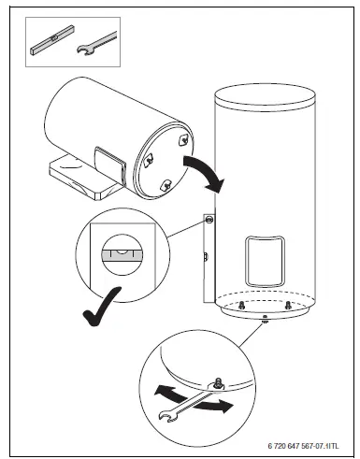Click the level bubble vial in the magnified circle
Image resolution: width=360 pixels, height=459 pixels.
(x=122, y=252)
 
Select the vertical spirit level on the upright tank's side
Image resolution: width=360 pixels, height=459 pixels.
(x=207, y=252)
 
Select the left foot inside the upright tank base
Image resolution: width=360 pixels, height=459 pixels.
(x=240, y=305)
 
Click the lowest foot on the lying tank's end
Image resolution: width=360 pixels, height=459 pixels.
(x=165, y=183)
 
